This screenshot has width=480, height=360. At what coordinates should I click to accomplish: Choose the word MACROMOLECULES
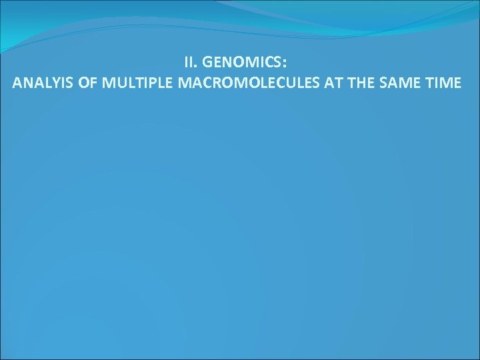238,83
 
